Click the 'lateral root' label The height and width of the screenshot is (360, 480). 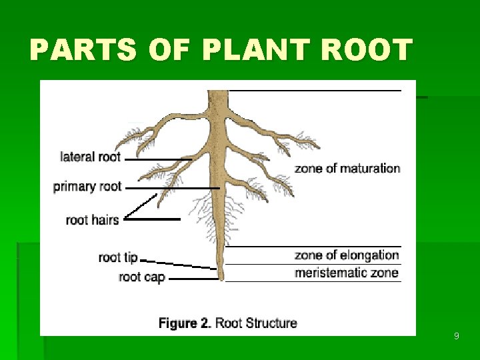point(90,157)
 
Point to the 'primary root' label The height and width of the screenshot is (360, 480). point(87,186)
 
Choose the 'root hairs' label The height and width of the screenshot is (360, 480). point(92,219)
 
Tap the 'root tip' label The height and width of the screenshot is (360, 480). point(117,257)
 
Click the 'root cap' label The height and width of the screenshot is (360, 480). point(141,277)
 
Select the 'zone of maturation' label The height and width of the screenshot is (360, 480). point(347,168)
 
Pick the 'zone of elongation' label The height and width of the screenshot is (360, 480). point(347,255)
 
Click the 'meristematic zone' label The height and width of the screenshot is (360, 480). point(347,273)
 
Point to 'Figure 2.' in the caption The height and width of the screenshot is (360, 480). point(185,323)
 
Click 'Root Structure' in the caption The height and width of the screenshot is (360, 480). point(257,323)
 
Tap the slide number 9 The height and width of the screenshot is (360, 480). point(456,336)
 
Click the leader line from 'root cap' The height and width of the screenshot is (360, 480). point(193,279)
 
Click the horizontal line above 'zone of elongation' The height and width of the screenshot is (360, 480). point(313,247)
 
